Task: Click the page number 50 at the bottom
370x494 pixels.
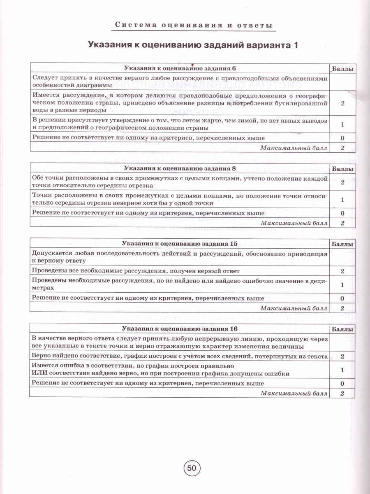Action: point(191,469)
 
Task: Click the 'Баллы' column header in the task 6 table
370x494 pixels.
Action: point(342,69)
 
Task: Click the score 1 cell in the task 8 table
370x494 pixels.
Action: point(342,200)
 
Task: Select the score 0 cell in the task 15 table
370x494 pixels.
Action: point(342,298)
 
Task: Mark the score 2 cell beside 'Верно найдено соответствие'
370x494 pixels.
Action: point(342,356)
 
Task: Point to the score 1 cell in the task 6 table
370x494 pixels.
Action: point(342,124)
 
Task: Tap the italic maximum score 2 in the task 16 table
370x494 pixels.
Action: point(342,394)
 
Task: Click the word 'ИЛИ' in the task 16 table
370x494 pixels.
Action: point(39,373)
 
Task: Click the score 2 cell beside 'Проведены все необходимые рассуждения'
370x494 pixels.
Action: point(342,271)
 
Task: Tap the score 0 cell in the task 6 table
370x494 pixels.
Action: point(342,138)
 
